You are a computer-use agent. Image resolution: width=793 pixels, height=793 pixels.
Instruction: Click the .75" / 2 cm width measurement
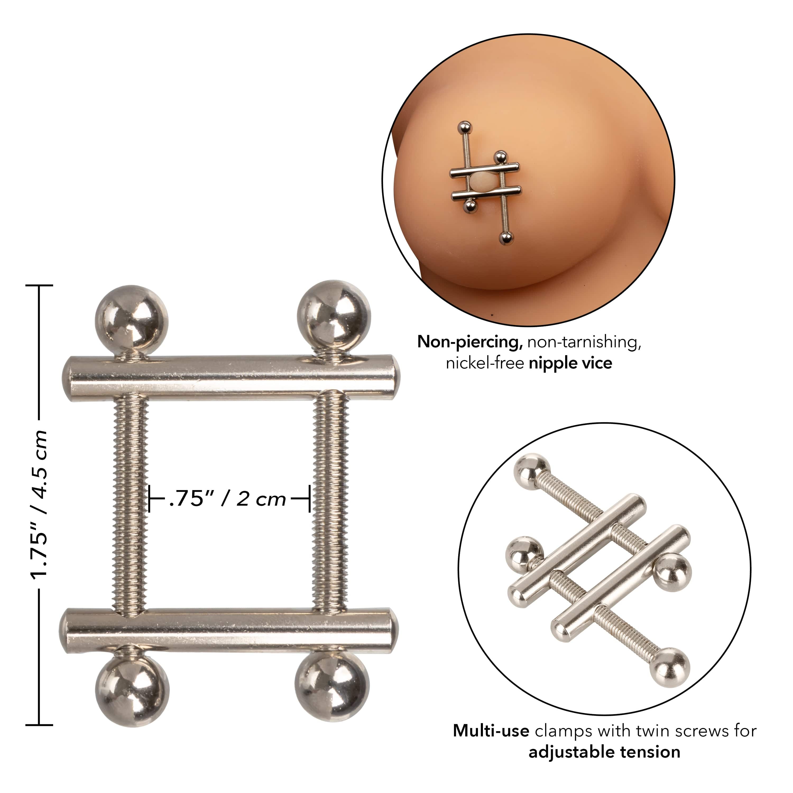pyautogui.click(x=228, y=499)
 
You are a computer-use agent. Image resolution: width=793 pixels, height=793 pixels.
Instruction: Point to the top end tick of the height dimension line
pyautogui.click(x=39, y=285)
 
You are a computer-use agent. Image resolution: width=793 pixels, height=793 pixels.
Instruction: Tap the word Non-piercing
pyautogui.click(x=469, y=342)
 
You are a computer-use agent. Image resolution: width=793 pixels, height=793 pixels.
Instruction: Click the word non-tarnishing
pyautogui.click(x=584, y=342)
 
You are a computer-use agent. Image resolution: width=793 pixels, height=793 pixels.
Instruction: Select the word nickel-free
pyautogui.click(x=485, y=363)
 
